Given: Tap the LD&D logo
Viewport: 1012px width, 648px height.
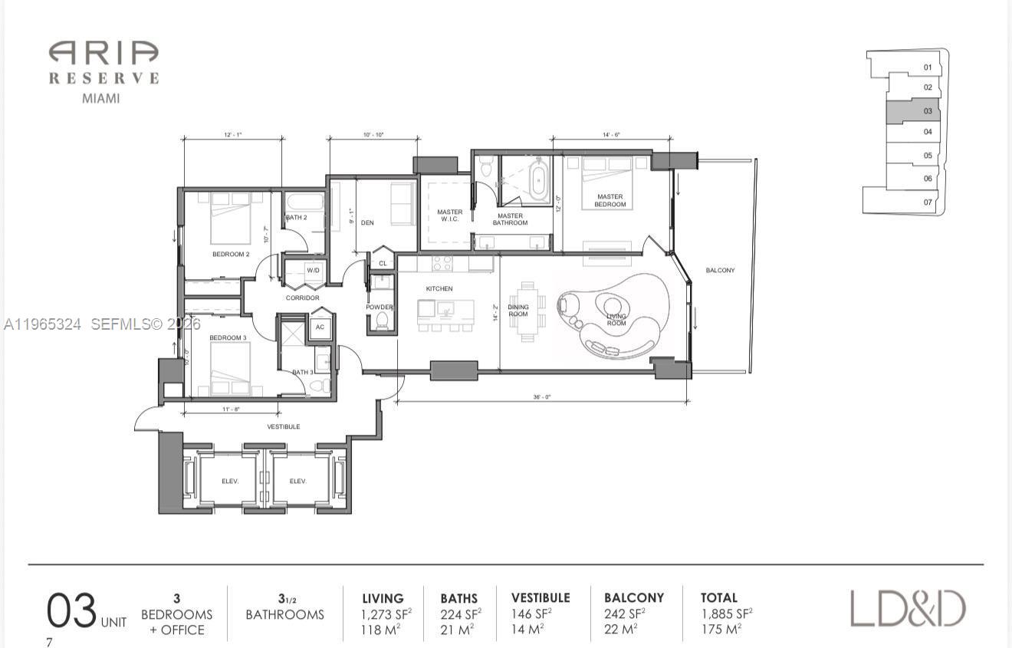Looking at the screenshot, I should click(908, 609).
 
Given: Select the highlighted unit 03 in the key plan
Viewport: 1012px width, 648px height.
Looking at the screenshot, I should click(912, 111).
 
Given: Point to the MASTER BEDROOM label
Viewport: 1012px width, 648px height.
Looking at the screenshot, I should click(609, 201).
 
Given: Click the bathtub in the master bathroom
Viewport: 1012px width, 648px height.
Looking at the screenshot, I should click(540, 179).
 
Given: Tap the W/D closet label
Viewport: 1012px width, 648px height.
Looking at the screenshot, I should click(313, 271).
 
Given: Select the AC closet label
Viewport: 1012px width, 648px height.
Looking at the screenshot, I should click(320, 327).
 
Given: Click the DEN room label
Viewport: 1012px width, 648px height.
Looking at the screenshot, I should click(367, 223).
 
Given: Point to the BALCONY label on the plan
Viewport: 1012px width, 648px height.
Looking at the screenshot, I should click(720, 271).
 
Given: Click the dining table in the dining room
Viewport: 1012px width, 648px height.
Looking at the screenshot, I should click(527, 311).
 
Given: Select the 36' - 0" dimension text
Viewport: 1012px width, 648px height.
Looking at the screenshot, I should click(542, 397).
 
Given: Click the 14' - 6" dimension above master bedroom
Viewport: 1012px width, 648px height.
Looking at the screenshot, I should click(611, 134).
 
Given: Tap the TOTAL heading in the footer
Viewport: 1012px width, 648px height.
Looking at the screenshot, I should click(718, 597).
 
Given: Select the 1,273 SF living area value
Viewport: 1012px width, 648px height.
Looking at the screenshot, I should click(386, 613).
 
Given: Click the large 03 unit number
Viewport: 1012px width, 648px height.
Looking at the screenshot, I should click(71, 611).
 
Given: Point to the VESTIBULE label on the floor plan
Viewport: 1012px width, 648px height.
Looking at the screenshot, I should click(283, 426).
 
